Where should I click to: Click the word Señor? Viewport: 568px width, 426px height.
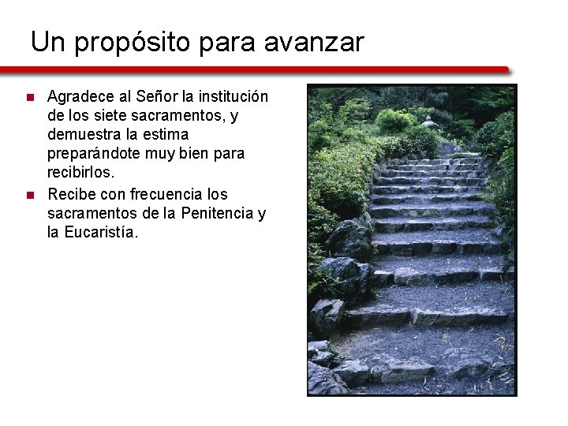pos(156,97)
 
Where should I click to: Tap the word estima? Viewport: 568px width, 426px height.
pos(166,135)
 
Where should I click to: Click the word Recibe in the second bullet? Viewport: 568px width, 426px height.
pos(71,194)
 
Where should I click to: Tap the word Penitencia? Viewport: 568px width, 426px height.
pos(222,213)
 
